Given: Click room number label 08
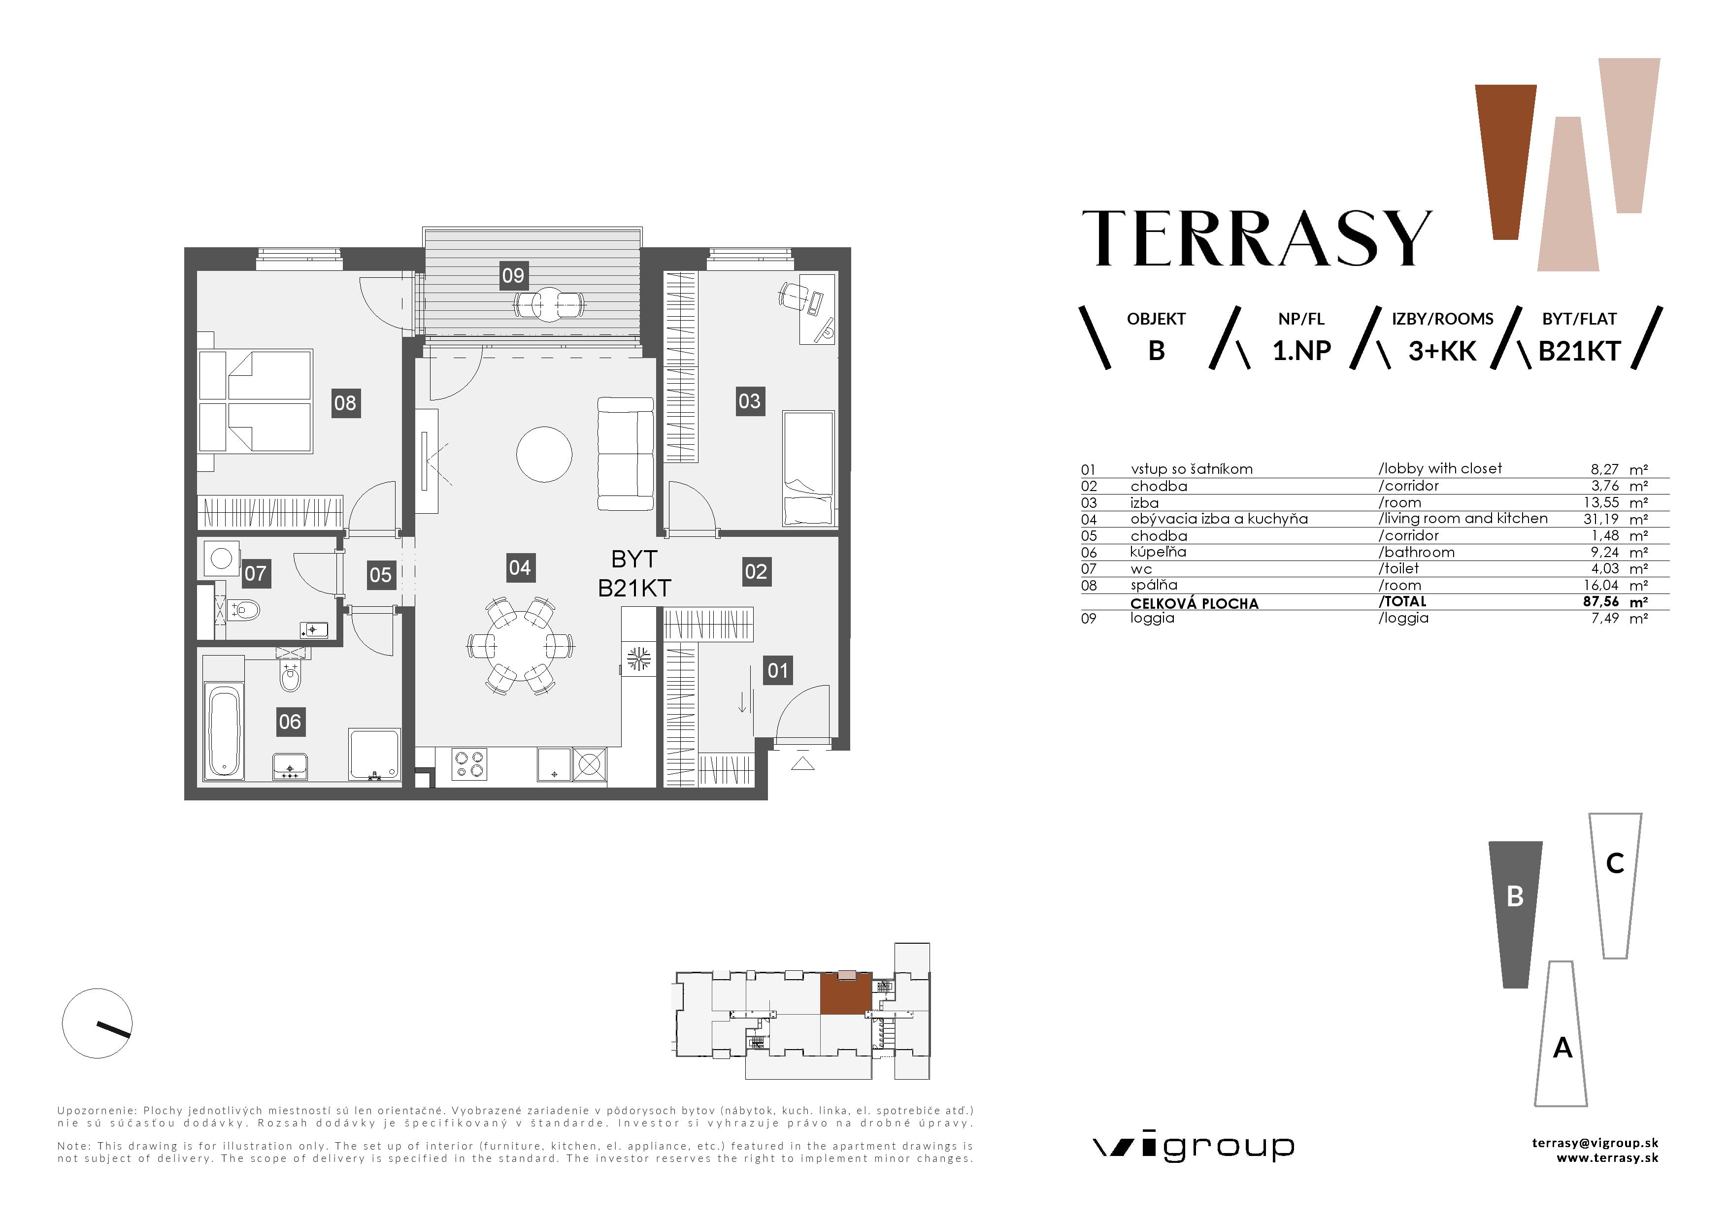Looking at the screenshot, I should point(345,403).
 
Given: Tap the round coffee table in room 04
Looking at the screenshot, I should point(544,455).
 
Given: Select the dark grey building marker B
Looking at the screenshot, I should point(1515,913).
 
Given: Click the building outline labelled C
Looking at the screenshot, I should point(1614,884).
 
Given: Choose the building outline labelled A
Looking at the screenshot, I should point(1562,1038).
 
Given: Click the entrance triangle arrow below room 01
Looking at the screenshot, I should point(803,764).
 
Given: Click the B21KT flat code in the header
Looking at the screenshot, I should point(1578,351).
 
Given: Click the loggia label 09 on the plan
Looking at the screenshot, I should point(513,275).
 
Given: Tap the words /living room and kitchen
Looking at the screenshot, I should point(1462,518).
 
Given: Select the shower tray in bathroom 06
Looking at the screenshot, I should point(374,754).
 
